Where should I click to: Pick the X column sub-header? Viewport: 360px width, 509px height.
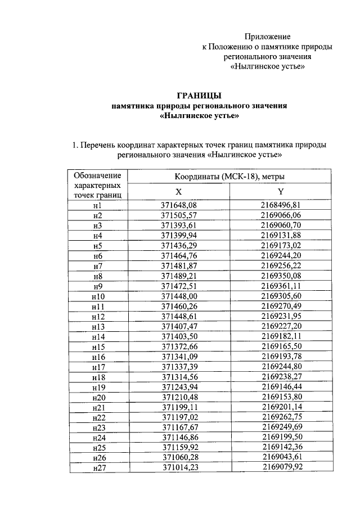coord(178,191)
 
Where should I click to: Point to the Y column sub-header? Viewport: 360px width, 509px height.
coord(281,191)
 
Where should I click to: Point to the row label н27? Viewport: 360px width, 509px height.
coord(97,469)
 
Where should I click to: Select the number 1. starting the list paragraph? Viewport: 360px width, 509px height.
coord(75,145)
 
